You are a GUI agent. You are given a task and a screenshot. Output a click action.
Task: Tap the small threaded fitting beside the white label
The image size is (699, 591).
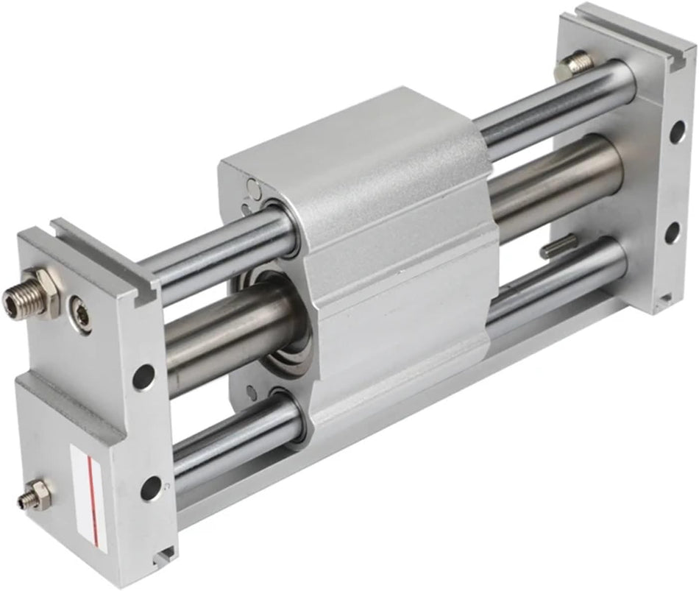[x=34, y=494]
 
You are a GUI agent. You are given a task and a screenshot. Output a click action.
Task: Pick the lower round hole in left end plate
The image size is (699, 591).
[x=151, y=487]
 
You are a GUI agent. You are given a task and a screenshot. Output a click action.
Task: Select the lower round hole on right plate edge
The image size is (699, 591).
[x=671, y=234]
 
